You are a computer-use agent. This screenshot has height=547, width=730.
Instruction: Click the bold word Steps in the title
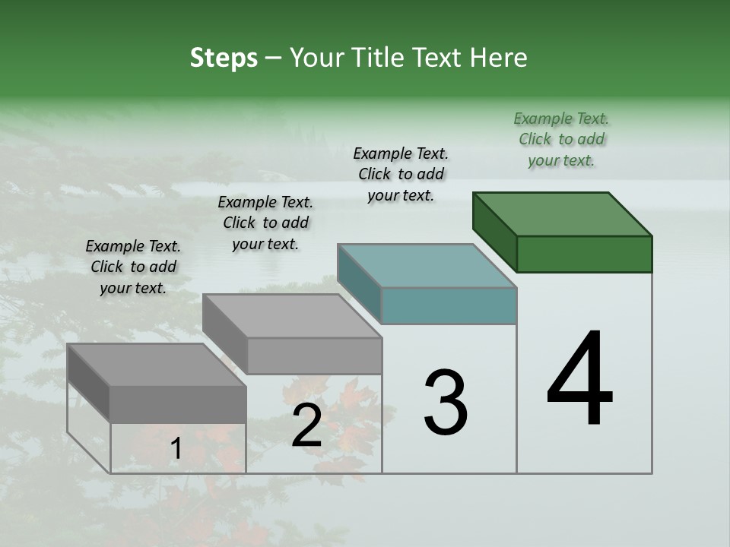224,58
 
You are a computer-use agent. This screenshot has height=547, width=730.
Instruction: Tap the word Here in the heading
498,58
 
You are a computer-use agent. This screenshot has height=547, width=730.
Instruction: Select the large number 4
580,379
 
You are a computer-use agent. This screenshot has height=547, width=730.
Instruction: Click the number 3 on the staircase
446,402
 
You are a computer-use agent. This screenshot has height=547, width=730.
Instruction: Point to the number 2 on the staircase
306,425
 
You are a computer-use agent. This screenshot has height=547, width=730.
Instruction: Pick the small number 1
176,449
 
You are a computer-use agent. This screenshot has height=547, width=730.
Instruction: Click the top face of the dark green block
561,214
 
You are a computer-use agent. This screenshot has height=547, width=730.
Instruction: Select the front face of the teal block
449,306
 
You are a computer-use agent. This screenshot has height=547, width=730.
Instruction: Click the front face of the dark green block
584,254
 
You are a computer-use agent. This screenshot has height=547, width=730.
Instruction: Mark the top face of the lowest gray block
156,365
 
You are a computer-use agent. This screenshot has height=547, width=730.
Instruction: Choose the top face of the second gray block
291,315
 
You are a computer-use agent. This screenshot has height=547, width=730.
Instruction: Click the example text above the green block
561,139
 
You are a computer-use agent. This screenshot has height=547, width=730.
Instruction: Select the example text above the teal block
401,174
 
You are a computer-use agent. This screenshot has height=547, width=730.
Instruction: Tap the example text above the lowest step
133,267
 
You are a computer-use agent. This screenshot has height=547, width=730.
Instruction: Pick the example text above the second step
265,223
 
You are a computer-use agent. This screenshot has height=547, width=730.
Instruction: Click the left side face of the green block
494,232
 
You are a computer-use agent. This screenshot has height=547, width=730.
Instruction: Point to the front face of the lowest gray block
178,404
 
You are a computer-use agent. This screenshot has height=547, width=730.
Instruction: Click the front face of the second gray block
314,356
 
